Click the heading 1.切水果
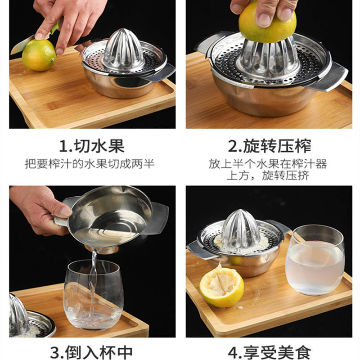(x=92, y=146)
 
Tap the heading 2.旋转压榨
(x=270, y=146)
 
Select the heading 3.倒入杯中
(x=92, y=353)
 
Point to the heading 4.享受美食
(x=270, y=353)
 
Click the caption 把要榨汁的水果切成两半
(x=90, y=164)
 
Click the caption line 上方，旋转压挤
(x=268, y=175)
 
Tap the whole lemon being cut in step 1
(x=39, y=55)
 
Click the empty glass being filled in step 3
(x=94, y=295)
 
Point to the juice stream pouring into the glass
(x=93, y=283)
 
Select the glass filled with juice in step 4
(x=315, y=260)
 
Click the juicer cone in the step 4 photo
(x=240, y=229)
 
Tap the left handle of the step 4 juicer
(x=199, y=250)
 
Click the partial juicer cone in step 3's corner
(x=19, y=315)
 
